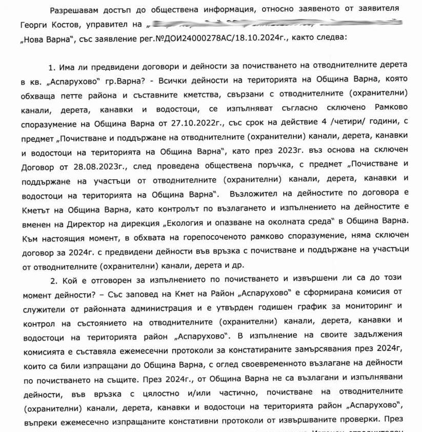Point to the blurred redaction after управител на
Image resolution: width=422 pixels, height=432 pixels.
(272, 24)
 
